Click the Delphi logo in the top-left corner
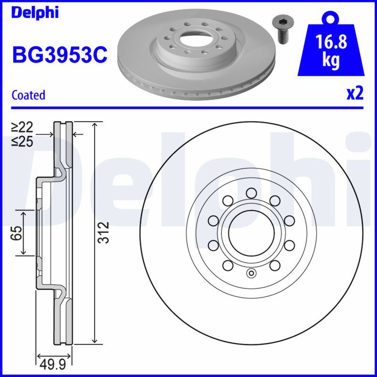tap(35, 13)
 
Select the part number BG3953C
tap(60, 55)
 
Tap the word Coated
tap(28, 95)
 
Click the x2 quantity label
tap(355, 93)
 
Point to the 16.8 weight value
tap(331, 41)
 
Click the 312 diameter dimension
tap(104, 232)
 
